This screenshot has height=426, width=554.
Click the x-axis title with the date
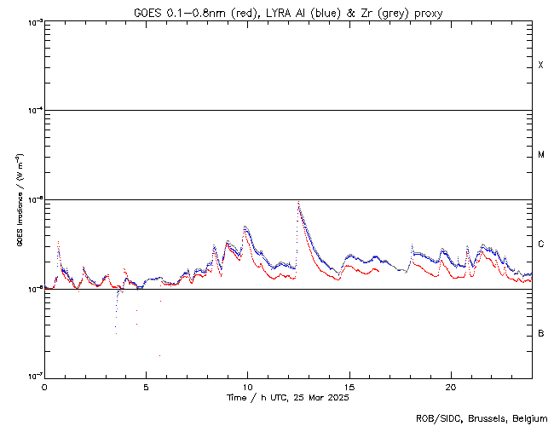[288, 398]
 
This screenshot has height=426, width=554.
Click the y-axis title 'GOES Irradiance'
[19, 200]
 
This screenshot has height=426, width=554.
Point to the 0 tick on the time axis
[44, 387]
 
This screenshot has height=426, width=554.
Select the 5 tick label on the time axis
[146, 387]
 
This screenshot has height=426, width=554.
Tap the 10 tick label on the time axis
[247, 387]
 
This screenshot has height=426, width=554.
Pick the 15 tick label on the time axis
[349, 387]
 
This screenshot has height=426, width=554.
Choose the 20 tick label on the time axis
[451, 387]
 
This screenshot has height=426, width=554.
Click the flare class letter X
[541, 66]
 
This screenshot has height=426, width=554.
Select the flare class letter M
[541, 155]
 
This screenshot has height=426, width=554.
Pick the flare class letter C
[541, 245]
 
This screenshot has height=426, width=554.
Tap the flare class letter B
[541, 333]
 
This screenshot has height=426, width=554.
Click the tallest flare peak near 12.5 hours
[297, 202]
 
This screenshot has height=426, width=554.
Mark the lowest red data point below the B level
[159, 355]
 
